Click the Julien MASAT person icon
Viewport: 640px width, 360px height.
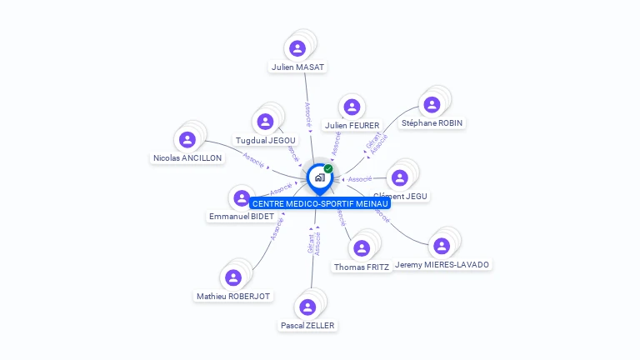297,47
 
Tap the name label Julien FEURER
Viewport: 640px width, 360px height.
352,125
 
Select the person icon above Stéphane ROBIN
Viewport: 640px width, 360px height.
432,104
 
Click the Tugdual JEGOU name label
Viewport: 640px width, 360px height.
266,140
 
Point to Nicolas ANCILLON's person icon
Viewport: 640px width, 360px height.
187,139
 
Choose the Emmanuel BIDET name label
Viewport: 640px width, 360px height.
230,217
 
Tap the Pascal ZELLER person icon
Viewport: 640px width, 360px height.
307,307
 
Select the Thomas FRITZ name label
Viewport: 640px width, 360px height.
361,267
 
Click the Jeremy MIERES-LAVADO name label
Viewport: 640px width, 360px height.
442,264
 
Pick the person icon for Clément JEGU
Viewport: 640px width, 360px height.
400,177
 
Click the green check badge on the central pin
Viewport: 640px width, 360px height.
328,168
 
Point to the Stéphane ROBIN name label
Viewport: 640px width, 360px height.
432,122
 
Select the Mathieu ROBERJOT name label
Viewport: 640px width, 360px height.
233,296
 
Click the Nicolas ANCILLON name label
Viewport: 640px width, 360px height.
187,157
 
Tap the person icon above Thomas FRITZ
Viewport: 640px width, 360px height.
361,247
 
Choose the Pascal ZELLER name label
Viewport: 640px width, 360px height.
308,325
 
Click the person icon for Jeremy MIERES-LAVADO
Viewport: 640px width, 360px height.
442,245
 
